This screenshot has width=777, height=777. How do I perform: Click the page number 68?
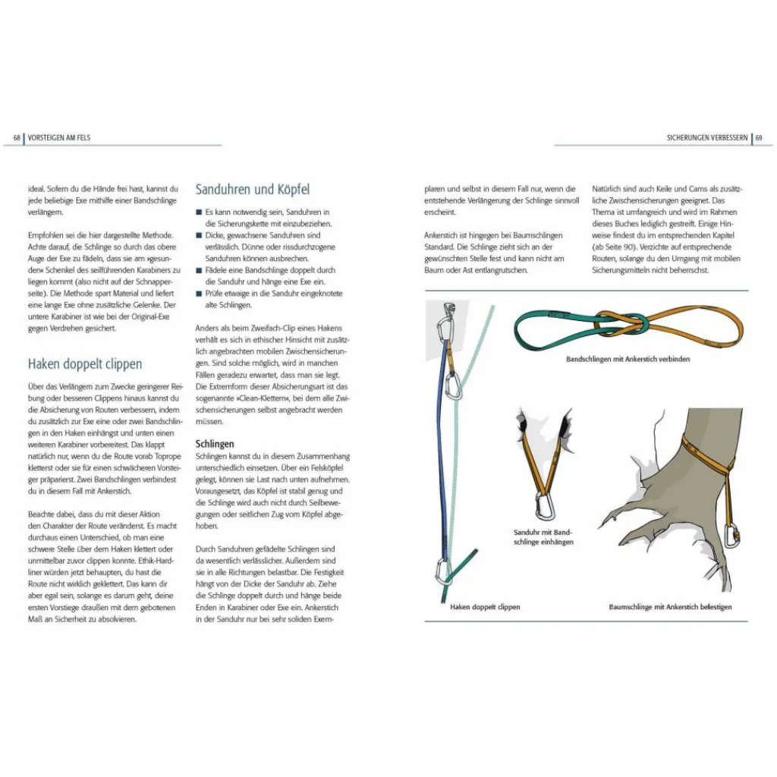point(17,138)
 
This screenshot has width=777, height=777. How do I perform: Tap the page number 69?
point(759,138)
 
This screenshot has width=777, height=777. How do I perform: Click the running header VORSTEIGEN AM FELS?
point(58,138)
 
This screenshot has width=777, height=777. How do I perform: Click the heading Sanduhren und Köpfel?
point(252,189)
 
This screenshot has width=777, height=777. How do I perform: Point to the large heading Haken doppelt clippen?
point(84,364)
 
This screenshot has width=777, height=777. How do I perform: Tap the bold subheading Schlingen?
point(215,443)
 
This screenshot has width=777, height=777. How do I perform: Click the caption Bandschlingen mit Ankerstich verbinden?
point(628,359)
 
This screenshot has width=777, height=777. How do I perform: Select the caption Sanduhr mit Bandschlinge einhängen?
point(543,537)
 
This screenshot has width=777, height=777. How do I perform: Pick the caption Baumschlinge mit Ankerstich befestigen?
point(670,606)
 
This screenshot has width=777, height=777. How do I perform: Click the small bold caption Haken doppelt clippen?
point(485,606)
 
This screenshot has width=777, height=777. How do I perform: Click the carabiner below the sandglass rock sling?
point(543,504)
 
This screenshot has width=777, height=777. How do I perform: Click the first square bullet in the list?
point(199,212)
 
